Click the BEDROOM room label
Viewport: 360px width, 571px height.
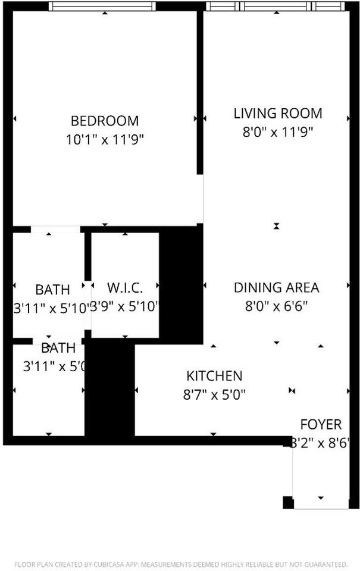click(x=105, y=121)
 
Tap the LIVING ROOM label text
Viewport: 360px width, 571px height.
click(x=277, y=113)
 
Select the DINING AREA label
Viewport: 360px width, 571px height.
click(x=276, y=288)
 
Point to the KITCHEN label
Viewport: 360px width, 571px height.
click(x=214, y=376)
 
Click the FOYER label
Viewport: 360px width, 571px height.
click(x=321, y=425)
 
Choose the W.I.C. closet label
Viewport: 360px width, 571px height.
click(x=125, y=288)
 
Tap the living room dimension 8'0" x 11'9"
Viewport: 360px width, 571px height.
click(x=277, y=132)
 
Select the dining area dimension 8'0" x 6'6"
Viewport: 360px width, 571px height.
click(x=276, y=307)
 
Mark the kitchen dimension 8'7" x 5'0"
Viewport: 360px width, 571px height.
click(x=214, y=394)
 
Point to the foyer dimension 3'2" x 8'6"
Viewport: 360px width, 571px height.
click(x=320, y=443)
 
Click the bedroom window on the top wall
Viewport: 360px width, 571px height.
click(x=102, y=7)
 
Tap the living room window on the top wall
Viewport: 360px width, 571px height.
click(x=276, y=7)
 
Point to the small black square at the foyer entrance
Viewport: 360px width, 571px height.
click(x=288, y=502)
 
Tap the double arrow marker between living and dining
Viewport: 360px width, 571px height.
click(x=277, y=226)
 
